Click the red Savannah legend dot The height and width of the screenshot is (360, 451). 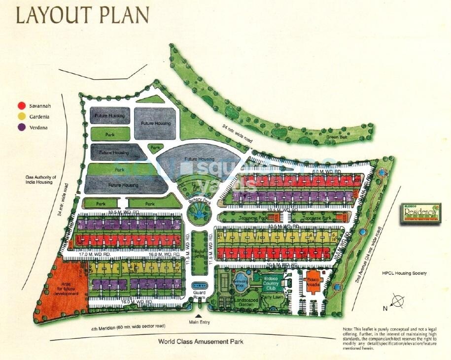coord(21,106)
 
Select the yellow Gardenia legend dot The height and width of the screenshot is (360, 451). coord(21,117)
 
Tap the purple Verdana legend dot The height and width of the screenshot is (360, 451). coord(21,128)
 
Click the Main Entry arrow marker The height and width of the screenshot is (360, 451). coord(199,316)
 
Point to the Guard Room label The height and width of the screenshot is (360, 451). coord(199,295)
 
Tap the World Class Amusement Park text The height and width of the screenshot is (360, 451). coord(201,342)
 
